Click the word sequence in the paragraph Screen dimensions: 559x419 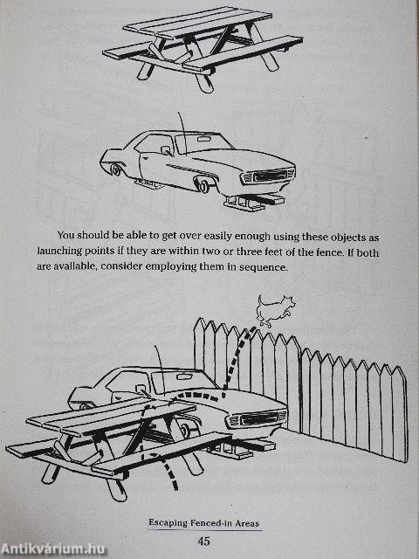[x=258, y=267]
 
